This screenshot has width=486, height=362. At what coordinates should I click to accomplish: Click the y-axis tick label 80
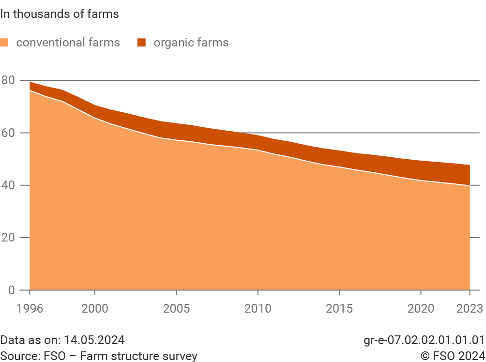(x=8, y=80)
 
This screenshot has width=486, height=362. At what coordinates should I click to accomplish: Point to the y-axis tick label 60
(x=8, y=133)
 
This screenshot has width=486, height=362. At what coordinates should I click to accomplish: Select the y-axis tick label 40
(x=8, y=185)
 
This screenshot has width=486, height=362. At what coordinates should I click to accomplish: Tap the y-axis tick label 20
(x=8, y=238)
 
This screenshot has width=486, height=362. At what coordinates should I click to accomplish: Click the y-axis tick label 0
(x=11, y=290)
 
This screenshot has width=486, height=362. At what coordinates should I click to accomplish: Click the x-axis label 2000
(x=95, y=308)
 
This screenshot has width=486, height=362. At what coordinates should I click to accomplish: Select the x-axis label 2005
(x=176, y=308)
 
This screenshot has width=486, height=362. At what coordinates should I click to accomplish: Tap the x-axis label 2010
(x=258, y=308)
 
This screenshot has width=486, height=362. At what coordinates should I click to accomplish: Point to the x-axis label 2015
(x=339, y=308)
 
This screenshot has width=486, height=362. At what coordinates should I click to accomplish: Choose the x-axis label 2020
(x=420, y=308)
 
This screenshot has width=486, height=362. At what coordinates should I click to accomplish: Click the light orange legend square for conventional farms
(x=5, y=43)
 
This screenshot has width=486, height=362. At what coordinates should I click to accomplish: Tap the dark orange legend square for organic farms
(x=141, y=43)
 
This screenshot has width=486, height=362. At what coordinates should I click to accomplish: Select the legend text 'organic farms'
(x=191, y=43)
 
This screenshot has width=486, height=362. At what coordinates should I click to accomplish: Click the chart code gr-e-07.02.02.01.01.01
(x=424, y=340)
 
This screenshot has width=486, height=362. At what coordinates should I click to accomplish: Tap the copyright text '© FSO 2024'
(x=452, y=356)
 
